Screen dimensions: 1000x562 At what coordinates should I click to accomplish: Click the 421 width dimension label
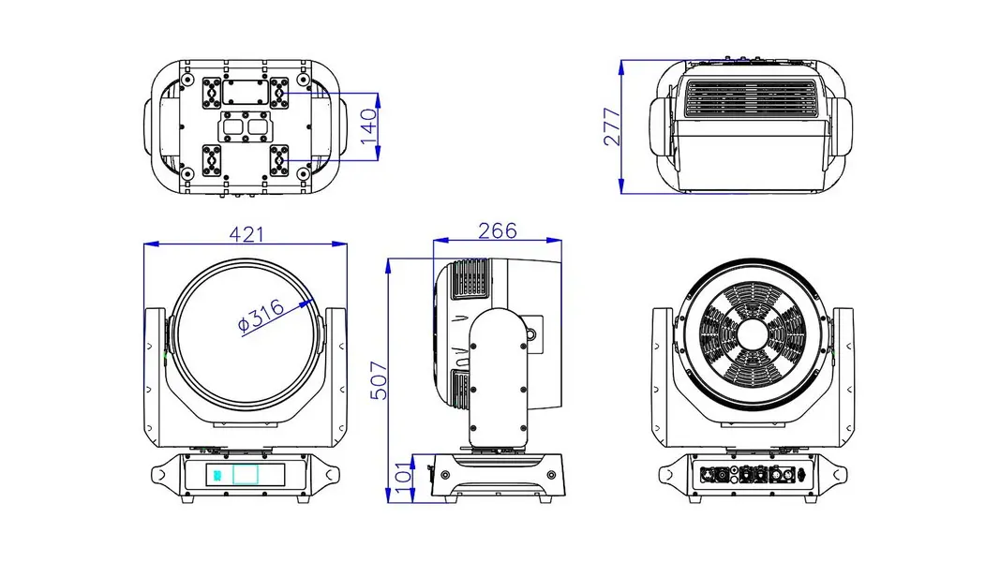click(x=246, y=234)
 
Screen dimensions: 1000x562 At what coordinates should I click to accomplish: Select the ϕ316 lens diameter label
click(x=261, y=316)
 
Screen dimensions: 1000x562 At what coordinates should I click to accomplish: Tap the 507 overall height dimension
click(x=379, y=380)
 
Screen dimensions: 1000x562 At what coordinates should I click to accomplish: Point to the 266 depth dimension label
click(x=498, y=230)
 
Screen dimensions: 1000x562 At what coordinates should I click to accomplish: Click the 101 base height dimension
click(x=403, y=478)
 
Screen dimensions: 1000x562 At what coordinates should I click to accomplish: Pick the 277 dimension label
click(x=612, y=126)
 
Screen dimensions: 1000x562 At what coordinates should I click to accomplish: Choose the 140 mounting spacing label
click(x=368, y=126)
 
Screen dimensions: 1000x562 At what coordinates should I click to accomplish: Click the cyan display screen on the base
click(x=246, y=475)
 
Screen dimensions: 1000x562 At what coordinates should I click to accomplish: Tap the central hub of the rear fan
click(x=752, y=333)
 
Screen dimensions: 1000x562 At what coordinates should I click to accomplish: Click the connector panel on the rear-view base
click(x=753, y=475)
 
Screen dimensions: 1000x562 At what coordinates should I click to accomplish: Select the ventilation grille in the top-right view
click(x=751, y=98)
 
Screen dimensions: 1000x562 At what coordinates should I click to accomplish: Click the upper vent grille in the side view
click(x=470, y=278)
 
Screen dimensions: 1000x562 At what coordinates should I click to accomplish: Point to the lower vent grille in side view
click(x=460, y=389)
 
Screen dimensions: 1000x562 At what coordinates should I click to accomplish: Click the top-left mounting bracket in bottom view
click(x=212, y=93)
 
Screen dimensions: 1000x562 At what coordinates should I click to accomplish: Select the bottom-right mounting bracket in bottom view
click(x=279, y=160)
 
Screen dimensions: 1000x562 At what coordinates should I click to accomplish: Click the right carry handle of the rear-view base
click(x=833, y=475)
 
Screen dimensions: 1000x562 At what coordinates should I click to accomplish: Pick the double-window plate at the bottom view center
click(x=246, y=127)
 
